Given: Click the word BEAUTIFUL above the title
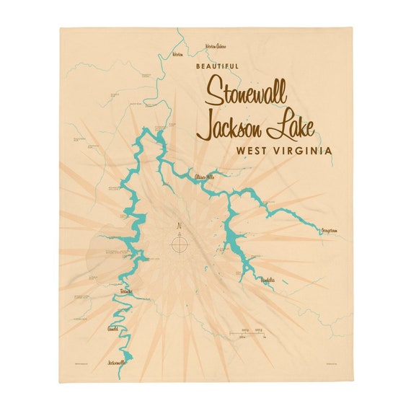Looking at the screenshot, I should point(217,66).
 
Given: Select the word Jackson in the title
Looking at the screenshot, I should point(231,128).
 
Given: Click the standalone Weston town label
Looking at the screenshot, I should point(177,53).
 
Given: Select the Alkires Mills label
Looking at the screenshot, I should point(205,176).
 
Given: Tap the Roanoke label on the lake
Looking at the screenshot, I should point(127,292).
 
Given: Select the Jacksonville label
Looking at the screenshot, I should point(115,362).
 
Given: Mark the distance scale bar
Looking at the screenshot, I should point(246,333).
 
